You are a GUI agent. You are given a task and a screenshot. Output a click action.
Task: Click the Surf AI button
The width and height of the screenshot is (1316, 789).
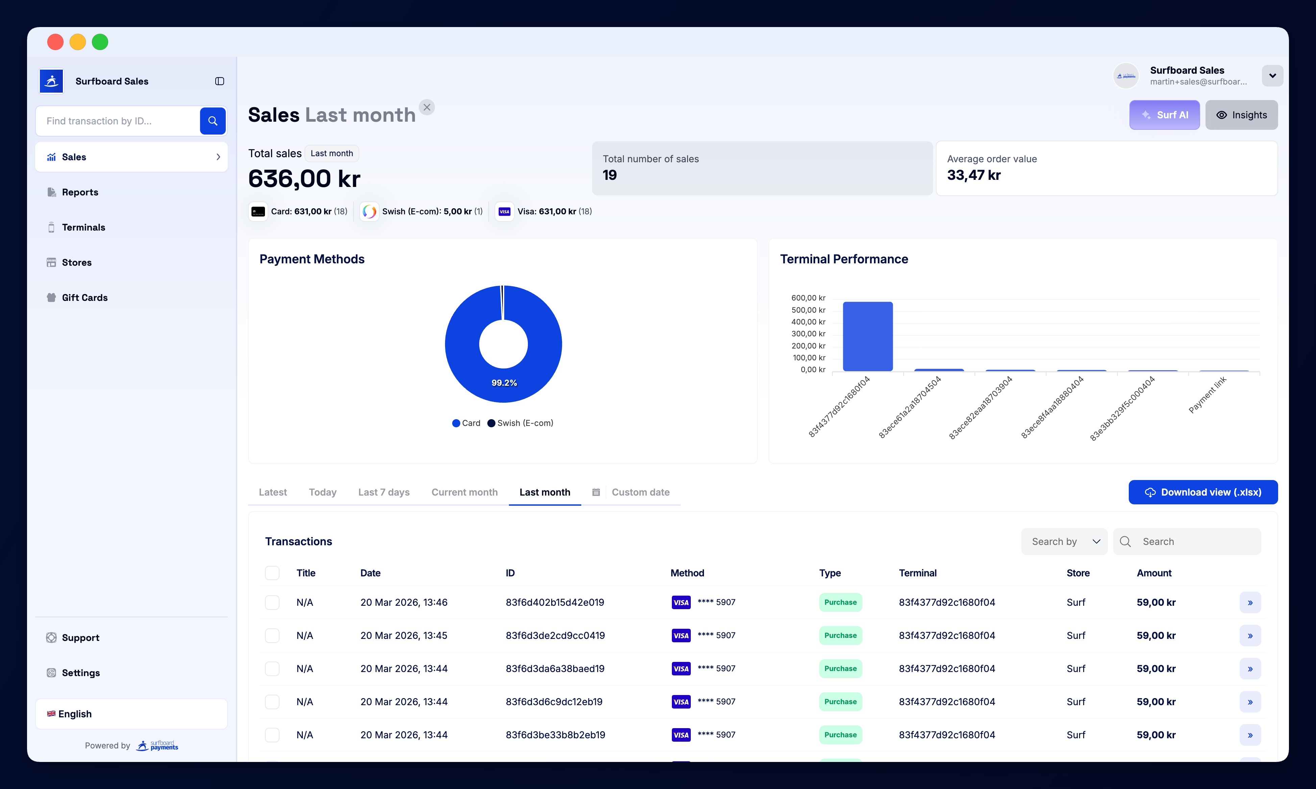(1164, 115)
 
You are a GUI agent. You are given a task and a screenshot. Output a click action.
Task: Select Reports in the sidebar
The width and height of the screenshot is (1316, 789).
(80, 192)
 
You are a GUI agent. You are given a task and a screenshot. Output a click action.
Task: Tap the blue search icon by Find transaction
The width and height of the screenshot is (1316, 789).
(213, 121)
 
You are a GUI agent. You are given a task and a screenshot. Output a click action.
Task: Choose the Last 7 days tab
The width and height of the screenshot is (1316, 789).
(383, 492)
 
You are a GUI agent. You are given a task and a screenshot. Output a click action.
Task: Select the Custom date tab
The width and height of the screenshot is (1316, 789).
(640, 492)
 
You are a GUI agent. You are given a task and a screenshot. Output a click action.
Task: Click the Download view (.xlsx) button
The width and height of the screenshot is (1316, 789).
(1203, 492)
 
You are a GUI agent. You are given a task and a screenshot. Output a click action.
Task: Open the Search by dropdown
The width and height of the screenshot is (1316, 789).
(1064, 541)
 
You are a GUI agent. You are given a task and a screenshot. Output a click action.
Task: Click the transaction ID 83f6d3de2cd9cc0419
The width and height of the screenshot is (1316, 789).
(555, 635)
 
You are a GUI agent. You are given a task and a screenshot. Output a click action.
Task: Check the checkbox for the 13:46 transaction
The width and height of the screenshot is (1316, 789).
(272, 602)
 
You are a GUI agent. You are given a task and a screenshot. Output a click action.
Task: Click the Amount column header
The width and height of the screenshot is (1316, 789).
(1153, 573)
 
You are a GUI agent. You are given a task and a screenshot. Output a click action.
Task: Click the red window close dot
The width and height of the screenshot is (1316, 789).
(55, 42)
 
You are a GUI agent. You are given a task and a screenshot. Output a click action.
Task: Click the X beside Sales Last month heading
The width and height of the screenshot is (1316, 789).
(427, 107)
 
